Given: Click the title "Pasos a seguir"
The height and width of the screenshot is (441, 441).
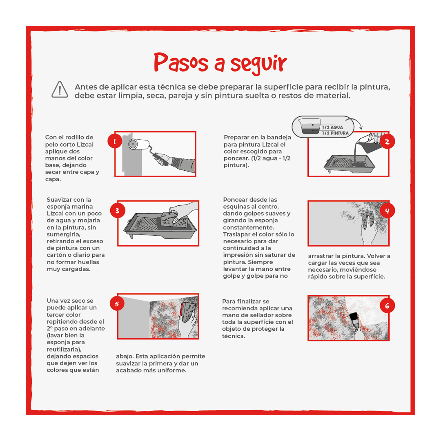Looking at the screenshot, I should (x=220, y=63).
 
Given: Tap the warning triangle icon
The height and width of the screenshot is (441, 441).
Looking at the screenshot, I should (x=60, y=89).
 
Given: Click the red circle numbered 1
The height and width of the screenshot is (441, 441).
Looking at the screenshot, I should (x=115, y=142).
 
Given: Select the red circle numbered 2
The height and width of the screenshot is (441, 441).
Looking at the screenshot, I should (x=387, y=142).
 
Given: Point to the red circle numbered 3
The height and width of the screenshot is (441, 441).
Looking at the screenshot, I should (x=118, y=211).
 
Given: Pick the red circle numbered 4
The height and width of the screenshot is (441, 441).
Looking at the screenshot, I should (x=387, y=211).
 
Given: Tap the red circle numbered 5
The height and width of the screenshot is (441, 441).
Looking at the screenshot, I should (x=117, y=304).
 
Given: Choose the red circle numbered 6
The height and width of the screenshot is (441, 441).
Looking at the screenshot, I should (x=387, y=305).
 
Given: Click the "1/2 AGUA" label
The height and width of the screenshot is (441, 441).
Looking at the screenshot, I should (x=331, y=127).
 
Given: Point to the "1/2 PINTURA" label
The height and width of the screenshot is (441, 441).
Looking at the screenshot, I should (x=334, y=133).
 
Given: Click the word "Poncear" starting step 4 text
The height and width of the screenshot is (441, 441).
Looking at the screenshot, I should (x=235, y=200).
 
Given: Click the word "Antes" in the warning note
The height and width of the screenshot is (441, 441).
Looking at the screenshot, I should (x=86, y=87).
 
